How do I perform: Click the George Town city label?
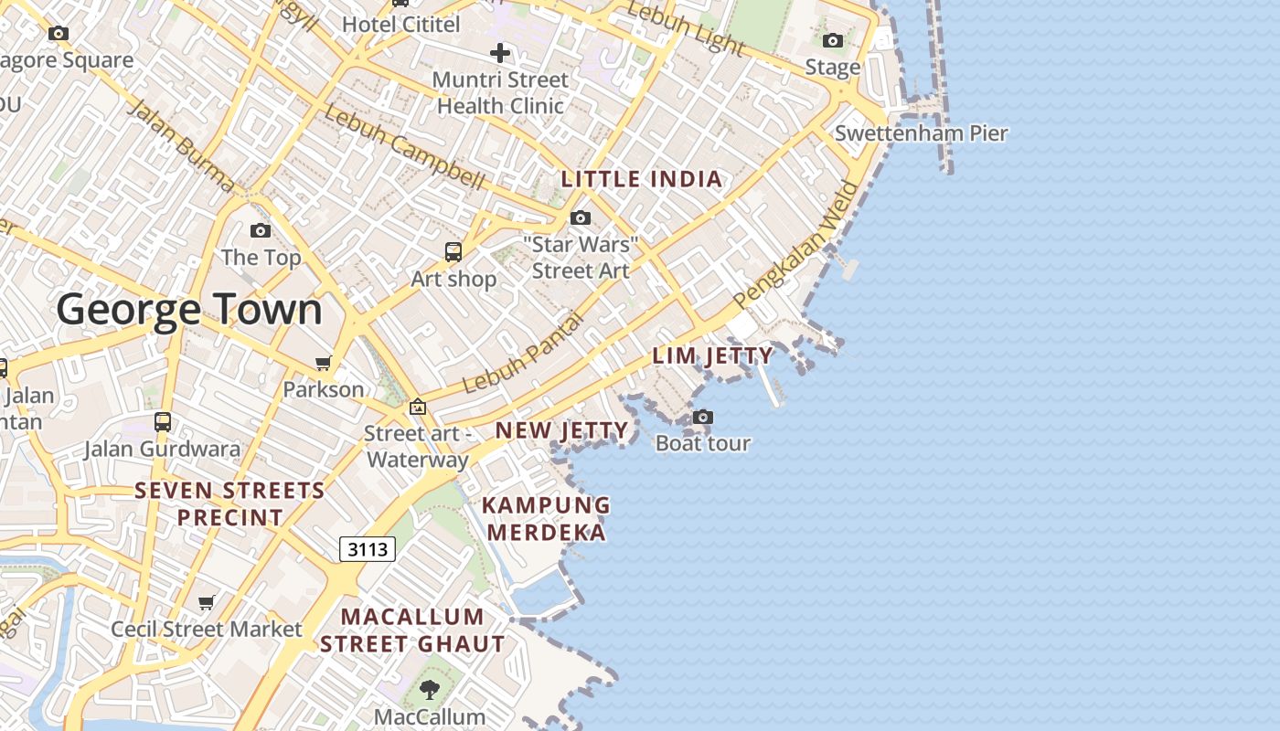(x=189, y=310)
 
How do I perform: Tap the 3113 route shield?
(x=368, y=549)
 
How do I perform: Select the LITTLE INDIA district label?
(x=642, y=179)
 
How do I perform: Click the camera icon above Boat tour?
(x=702, y=418)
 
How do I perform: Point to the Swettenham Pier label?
(x=921, y=133)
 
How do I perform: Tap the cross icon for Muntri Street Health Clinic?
(x=499, y=53)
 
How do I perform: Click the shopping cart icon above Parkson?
(x=323, y=364)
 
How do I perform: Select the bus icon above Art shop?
(x=453, y=252)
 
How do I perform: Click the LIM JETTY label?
(x=712, y=355)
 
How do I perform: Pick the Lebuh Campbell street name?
(x=403, y=148)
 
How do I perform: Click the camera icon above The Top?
(x=261, y=230)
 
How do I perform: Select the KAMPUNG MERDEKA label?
(x=546, y=518)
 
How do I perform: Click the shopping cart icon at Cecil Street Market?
(x=207, y=603)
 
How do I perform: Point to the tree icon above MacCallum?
(x=430, y=690)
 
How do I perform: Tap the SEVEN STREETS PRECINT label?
(x=229, y=503)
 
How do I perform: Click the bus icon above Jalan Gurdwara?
(x=163, y=422)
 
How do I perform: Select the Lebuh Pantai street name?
(x=522, y=354)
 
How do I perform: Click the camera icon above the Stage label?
(x=832, y=40)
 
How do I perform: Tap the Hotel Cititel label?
(x=401, y=24)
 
